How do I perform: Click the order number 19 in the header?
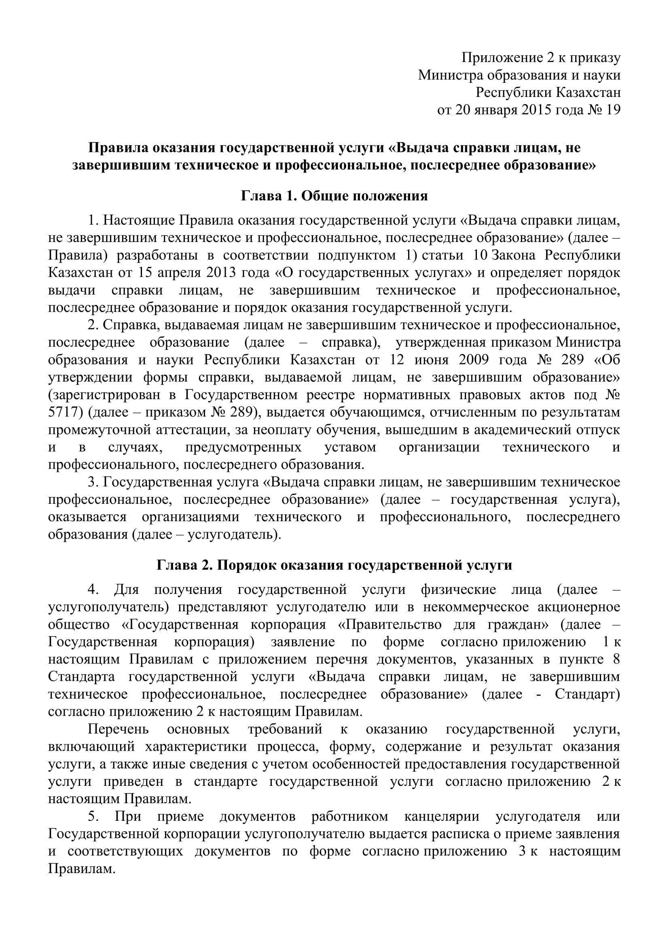[x=612, y=110]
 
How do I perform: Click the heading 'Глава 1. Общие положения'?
[x=334, y=196]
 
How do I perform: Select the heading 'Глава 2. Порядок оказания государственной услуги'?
[x=334, y=565]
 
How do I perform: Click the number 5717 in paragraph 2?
[x=64, y=412]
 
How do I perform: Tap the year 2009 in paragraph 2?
[x=469, y=360]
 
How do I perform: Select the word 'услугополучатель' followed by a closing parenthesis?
[x=106, y=607]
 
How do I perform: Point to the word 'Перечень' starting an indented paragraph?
[x=118, y=729]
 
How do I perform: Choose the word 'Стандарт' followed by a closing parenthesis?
[x=585, y=695]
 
